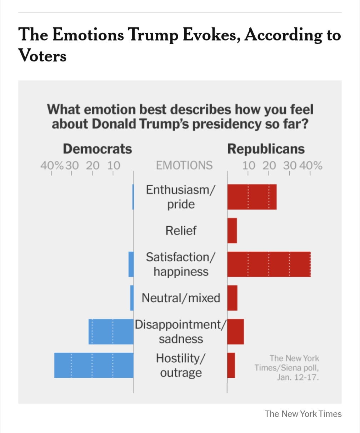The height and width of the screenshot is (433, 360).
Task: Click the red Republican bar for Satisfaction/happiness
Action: click(x=269, y=264)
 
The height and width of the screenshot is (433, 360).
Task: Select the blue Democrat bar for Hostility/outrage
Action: click(x=94, y=365)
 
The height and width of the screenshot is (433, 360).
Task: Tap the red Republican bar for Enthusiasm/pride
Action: click(x=252, y=197)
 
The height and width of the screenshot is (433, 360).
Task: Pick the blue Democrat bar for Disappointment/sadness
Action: click(x=111, y=332)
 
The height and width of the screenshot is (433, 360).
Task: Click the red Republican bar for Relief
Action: click(x=232, y=231)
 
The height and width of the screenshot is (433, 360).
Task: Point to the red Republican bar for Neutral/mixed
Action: click(x=232, y=298)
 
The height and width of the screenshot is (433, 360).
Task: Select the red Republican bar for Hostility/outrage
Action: click(x=231, y=365)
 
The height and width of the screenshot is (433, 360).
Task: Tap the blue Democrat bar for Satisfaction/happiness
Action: click(x=131, y=264)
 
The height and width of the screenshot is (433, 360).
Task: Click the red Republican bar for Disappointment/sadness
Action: click(x=236, y=332)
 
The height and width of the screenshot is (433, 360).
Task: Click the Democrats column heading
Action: click(x=97, y=149)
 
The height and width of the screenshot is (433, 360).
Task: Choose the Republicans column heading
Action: click(x=266, y=149)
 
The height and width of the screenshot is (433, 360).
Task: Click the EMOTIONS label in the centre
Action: click(x=184, y=165)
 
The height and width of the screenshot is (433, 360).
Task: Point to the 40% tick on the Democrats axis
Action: click(x=51, y=166)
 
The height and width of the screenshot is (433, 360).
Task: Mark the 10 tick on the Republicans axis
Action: click(x=249, y=166)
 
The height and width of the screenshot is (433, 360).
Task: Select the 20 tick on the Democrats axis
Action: click(x=92, y=166)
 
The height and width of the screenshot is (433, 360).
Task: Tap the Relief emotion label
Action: click(x=181, y=231)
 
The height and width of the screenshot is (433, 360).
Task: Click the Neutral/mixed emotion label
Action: click(x=181, y=298)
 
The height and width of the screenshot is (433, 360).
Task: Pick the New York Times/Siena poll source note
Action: click(x=287, y=368)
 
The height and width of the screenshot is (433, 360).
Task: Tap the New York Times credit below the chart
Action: click(x=303, y=414)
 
